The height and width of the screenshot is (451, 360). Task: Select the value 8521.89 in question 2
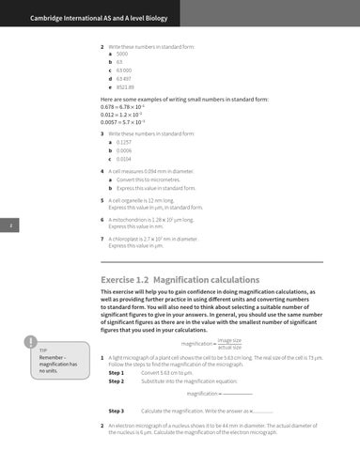point(126,86)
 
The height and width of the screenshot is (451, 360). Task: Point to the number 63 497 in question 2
point(124,77)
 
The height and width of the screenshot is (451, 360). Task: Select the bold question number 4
point(102,173)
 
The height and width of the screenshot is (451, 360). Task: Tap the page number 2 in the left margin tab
point(8,224)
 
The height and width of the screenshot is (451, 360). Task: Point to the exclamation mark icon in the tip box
point(33,343)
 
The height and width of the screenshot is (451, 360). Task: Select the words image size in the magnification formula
point(228,340)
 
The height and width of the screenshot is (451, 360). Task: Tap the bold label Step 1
point(117,372)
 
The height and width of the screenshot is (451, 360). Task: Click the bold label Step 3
point(117,411)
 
